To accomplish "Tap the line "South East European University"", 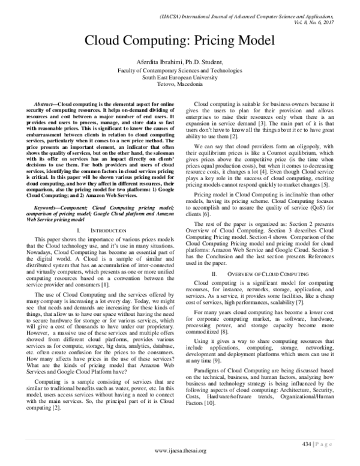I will click(x=179, y=78).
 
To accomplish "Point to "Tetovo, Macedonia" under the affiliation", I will click(x=179, y=86).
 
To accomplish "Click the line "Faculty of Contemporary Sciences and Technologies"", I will click(x=179, y=70).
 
